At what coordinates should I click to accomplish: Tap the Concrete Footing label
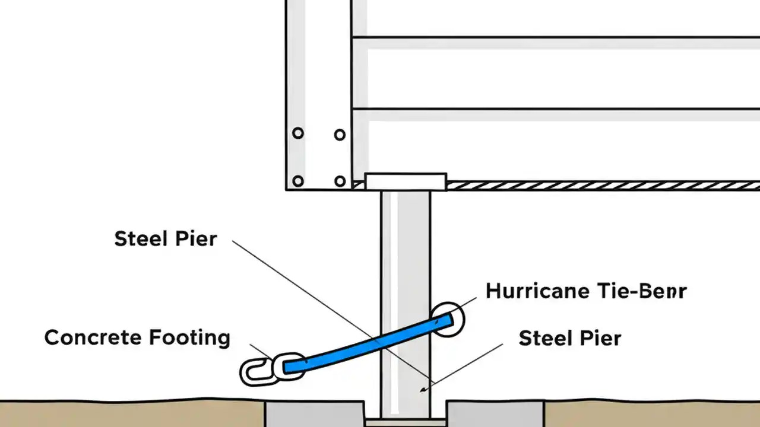click(137, 337)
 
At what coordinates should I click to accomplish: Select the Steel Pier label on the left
click(166, 239)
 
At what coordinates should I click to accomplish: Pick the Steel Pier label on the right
click(570, 338)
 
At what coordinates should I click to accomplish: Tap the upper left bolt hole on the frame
click(298, 133)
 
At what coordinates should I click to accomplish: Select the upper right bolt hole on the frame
click(340, 135)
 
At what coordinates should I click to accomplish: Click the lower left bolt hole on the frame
click(298, 181)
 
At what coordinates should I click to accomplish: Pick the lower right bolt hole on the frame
click(340, 181)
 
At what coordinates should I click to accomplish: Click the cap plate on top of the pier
click(406, 181)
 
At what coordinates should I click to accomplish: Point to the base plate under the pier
click(406, 423)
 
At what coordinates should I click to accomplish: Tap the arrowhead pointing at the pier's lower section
click(423, 389)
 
